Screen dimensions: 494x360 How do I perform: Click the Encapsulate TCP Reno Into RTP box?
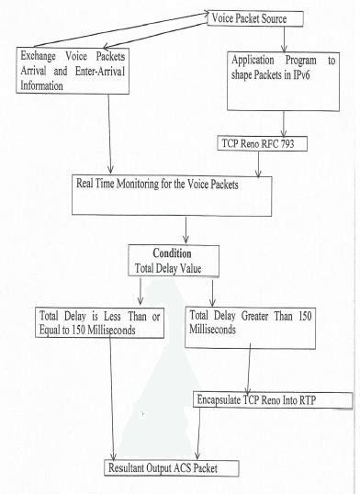(273, 399)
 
